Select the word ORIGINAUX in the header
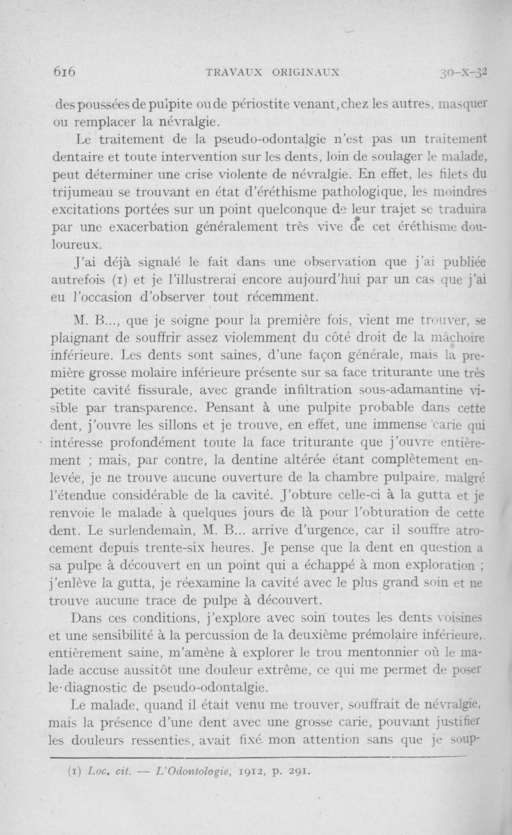tap(307, 72)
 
